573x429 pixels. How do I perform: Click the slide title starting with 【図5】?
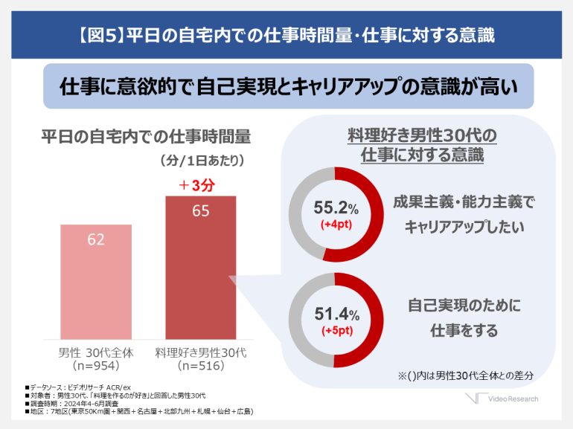[x=286, y=34]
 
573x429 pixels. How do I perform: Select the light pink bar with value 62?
[x=96, y=283]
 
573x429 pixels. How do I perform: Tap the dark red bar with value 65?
[x=200, y=268]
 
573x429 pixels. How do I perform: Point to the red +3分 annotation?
[x=196, y=185]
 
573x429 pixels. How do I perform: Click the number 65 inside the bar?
[x=200, y=211]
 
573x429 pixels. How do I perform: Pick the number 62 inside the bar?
[x=96, y=239]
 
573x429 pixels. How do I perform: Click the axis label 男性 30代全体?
[x=96, y=351]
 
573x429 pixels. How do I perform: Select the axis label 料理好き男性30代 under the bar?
[x=201, y=351]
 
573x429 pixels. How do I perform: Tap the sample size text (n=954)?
[x=96, y=366]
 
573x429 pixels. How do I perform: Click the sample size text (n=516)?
[x=201, y=366]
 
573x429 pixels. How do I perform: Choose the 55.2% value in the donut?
[x=334, y=209]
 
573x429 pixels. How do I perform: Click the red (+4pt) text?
[x=336, y=225]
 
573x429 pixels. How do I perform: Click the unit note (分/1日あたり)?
[x=202, y=160]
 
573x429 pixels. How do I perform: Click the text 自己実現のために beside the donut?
[x=464, y=306]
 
